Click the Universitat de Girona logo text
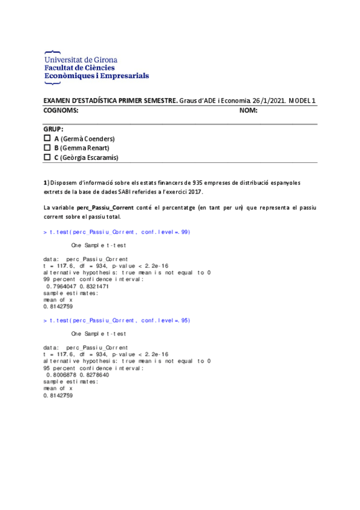point(81,60)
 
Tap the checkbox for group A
point(47,138)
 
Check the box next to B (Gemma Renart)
point(47,148)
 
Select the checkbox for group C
point(47,158)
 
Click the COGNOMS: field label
point(61,111)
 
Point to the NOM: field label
point(248,111)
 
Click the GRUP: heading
point(53,129)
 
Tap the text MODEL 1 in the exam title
point(302,100)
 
